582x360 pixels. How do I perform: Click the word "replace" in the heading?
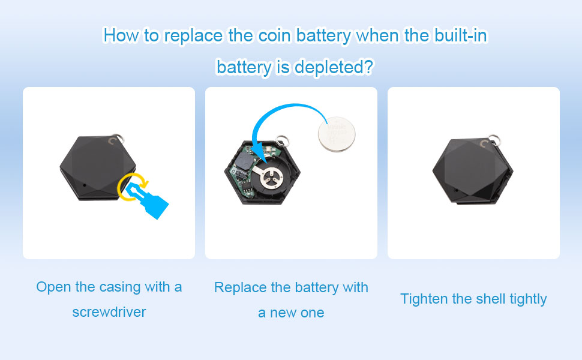192,35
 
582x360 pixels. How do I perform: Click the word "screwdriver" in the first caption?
109,312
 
